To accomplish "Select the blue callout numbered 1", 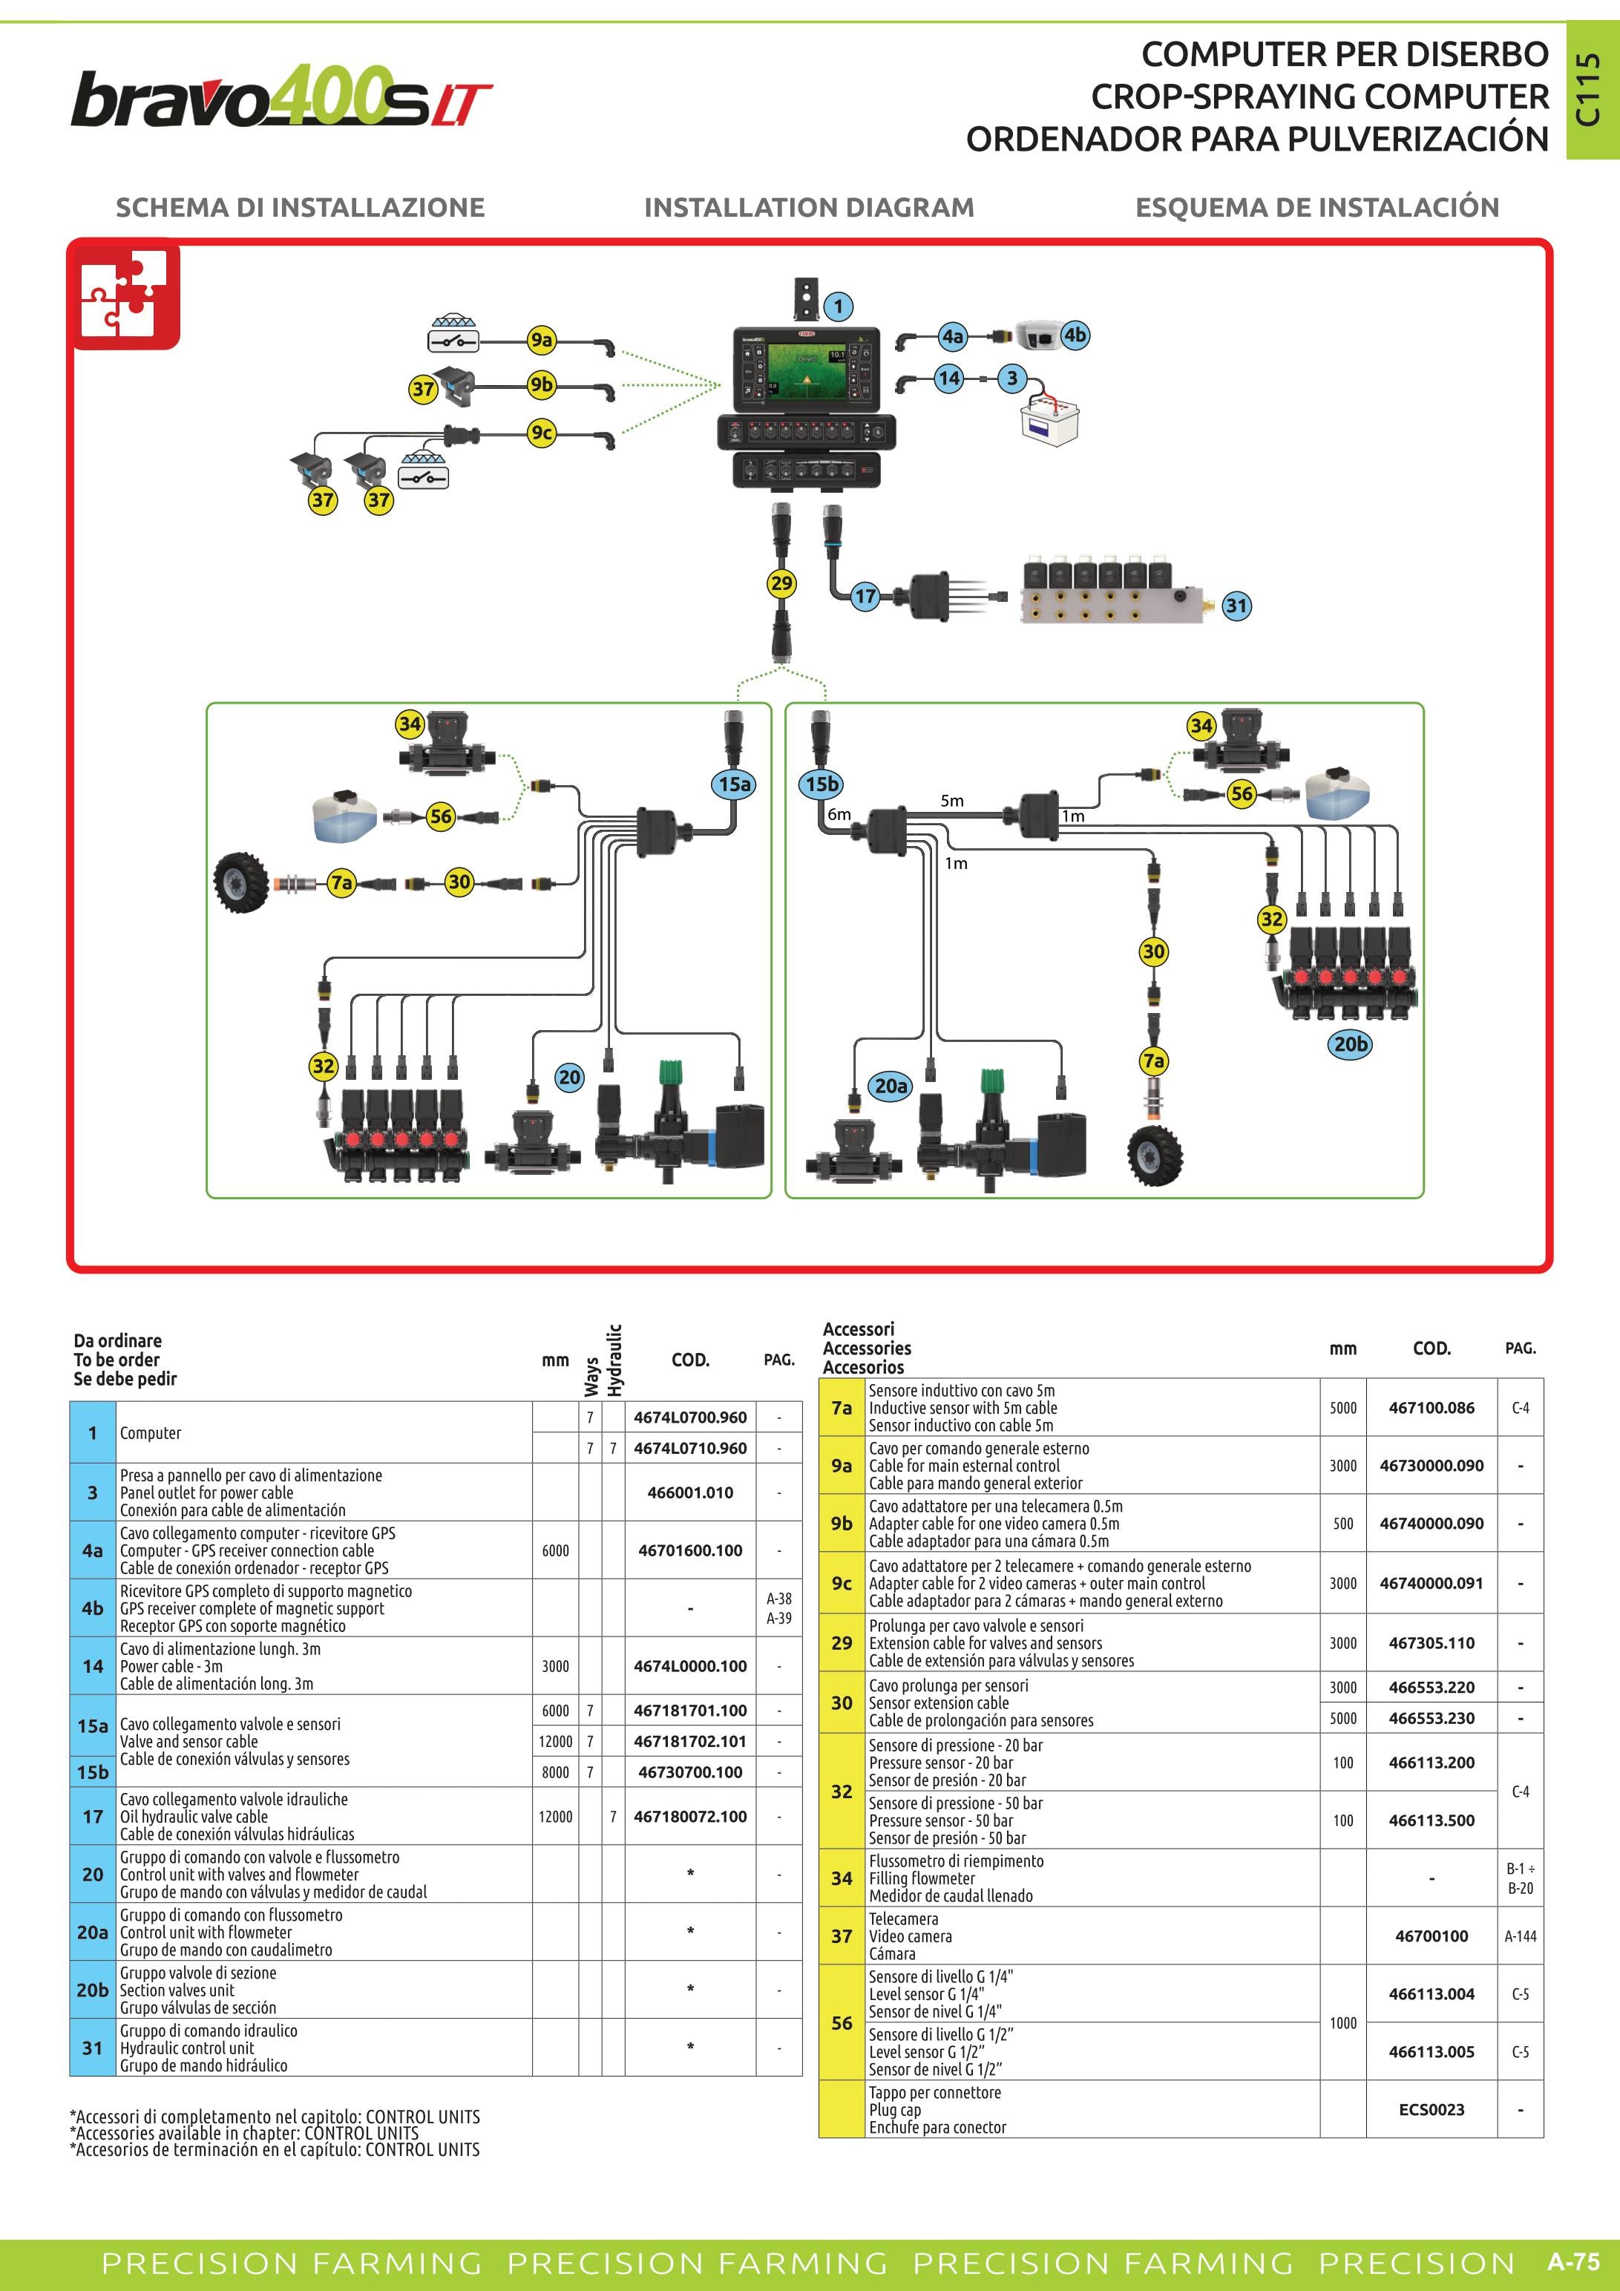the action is (x=838, y=307).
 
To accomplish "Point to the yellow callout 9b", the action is (x=542, y=384).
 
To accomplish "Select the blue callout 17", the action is (x=865, y=597).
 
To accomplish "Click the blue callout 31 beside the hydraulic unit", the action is (x=1236, y=606).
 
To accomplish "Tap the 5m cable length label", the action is (x=951, y=800).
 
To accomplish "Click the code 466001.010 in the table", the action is (x=690, y=1492).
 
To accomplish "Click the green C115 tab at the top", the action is (x=1591, y=90).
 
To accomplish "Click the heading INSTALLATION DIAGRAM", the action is (x=809, y=208).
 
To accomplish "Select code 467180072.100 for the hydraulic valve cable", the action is (x=690, y=1817).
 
